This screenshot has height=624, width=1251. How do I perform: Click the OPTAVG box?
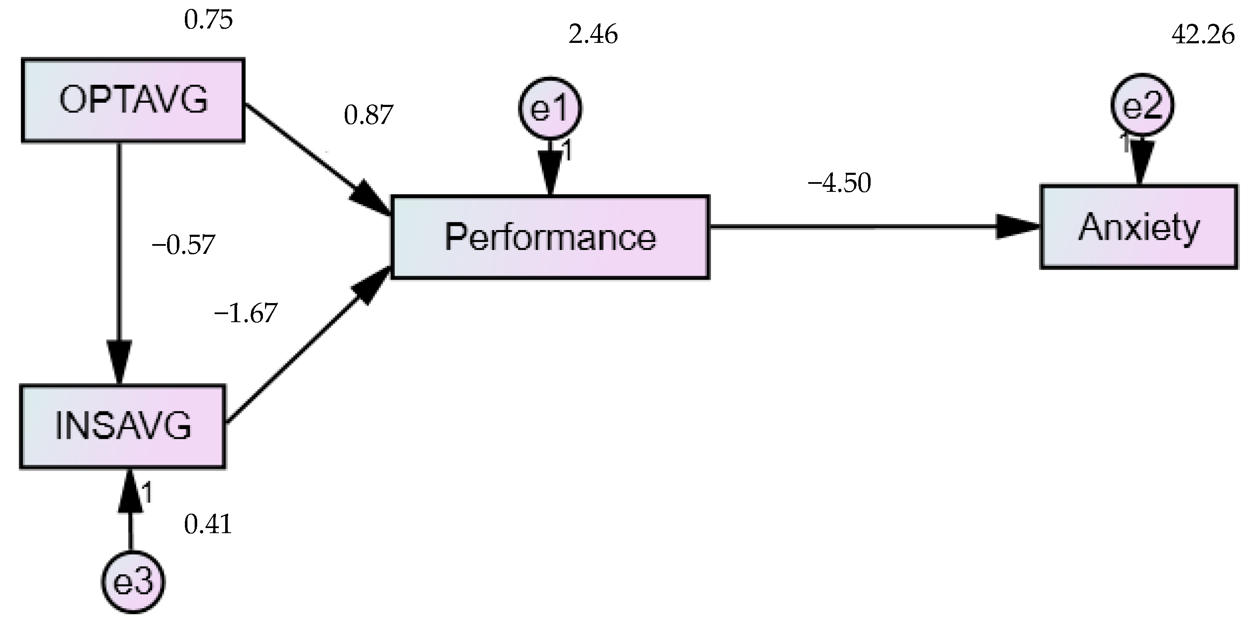point(133,101)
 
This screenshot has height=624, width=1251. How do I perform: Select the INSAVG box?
point(123,426)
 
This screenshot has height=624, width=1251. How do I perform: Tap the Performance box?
point(550,237)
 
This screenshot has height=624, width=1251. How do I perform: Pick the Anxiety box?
point(1138,227)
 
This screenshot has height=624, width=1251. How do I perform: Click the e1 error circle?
point(550,108)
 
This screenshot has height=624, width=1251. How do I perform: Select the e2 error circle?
point(1142,105)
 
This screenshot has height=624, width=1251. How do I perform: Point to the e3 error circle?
point(133,582)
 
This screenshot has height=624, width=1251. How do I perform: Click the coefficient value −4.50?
point(839,184)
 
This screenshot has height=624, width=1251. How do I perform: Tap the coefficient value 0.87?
point(368,115)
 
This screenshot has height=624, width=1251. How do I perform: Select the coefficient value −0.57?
point(183,245)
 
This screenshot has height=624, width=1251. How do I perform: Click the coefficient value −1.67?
point(245,313)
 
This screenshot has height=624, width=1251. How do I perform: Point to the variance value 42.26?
point(1203,35)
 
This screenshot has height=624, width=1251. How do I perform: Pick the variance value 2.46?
point(592,35)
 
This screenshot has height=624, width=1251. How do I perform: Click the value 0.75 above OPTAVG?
point(208,20)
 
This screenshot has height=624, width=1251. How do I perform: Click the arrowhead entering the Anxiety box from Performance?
point(1017,227)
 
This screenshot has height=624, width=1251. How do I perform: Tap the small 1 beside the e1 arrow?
point(566,151)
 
